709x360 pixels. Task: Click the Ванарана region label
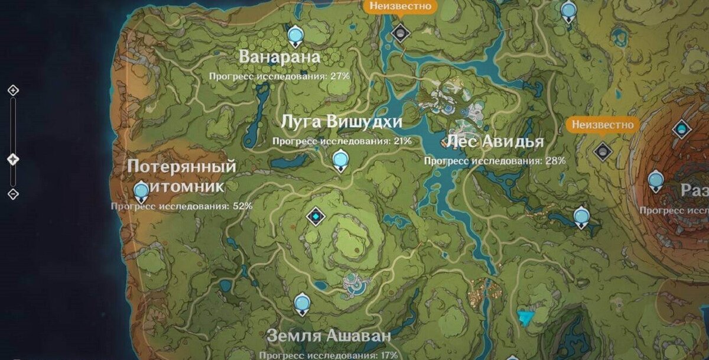(279, 57)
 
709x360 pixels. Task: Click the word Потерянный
(181, 167)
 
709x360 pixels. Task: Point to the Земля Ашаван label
(329, 336)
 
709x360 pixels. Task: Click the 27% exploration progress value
(340, 76)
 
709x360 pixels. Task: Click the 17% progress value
(389, 355)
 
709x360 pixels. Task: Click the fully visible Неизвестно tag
(603, 125)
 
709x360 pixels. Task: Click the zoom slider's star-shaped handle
(13, 160)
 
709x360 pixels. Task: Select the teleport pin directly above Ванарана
(295, 35)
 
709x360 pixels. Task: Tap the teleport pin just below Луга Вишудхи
(340, 160)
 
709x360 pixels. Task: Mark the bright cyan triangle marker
(525, 317)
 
